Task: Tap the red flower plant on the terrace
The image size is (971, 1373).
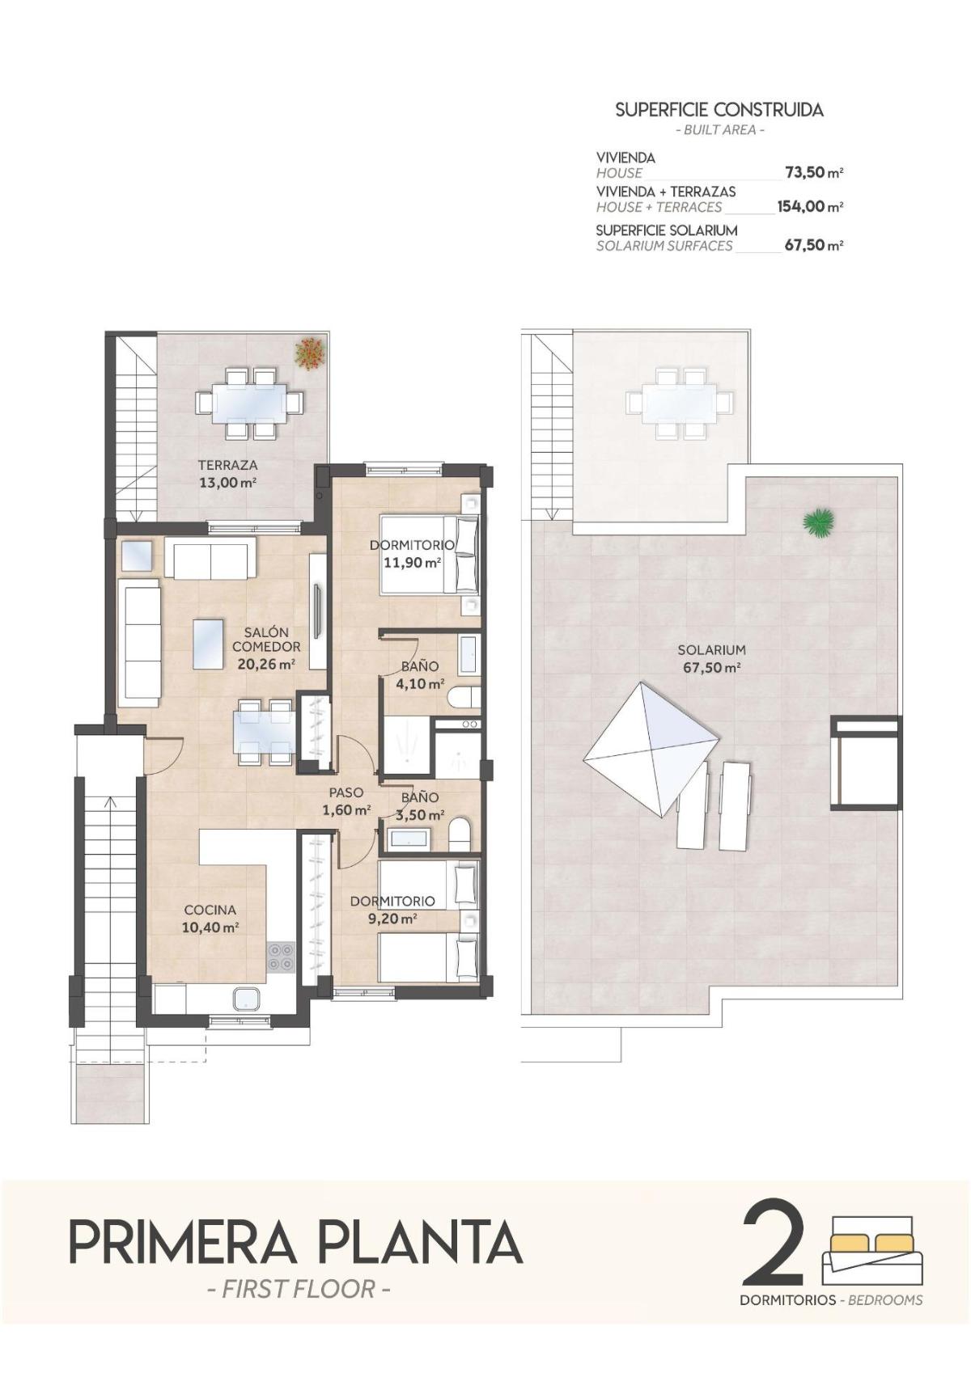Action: click(x=310, y=353)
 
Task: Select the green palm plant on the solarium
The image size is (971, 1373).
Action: click(x=819, y=522)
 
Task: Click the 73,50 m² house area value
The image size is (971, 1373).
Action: click(x=813, y=172)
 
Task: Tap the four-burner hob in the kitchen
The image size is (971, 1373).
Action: click(x=281, y=957)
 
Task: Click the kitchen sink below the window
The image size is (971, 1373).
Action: click(x=247, y=999)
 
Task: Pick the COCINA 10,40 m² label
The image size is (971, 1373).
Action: click(x=210, y=919)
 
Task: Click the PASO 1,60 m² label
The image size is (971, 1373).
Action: click(x=346, y=801)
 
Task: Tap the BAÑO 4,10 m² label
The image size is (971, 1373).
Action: click(x=420, y=674)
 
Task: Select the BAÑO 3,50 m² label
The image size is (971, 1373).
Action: click(x=420, y=805)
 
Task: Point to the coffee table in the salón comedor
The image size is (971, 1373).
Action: click(x=209, y=644)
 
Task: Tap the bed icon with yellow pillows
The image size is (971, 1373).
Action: click(x=872, y=1249)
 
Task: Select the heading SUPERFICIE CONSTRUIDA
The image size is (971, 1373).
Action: click(x=719, y=110)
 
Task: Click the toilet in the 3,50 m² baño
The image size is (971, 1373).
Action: click(x=460, y=834)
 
